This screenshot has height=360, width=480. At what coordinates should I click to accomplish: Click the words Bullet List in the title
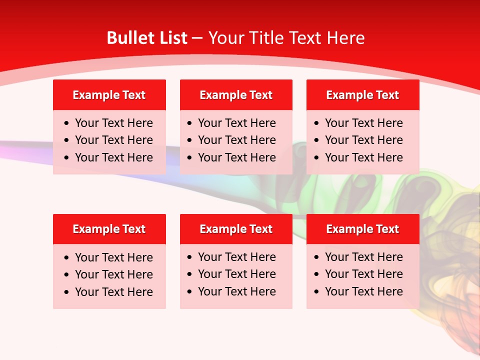click(x=147, y=38)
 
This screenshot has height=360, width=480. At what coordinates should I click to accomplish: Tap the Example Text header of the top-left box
click(x=109, y=95)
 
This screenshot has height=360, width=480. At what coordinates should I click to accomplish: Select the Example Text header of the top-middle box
click(x=236, y=95)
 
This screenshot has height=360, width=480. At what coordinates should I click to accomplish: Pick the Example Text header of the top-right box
click(x=362, y=95)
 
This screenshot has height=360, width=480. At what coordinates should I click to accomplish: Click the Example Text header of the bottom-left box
click(x=109, y=229)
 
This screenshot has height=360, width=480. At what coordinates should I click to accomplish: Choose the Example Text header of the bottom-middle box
click(x=236, y=229)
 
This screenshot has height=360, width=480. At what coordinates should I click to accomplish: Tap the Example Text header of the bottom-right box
click(x=362, y=229)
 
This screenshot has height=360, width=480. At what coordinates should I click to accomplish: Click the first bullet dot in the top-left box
click(x=67, y=123)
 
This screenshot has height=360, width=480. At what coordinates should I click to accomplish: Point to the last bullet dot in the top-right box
click(x=317, y=158)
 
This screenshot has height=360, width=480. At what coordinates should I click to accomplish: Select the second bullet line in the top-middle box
click(x=236, y=140)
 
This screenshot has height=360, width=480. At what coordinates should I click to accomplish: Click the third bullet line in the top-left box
click(x=113, y=157)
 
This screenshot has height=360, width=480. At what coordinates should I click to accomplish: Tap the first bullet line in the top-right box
click(x=363, y=123)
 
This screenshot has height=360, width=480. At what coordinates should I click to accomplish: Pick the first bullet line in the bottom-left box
click(x=113, y=257)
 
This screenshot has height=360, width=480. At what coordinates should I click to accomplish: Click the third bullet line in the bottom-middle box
click(x=236, y=291)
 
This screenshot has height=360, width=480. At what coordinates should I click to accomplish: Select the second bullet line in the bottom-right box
click(x=363, y=274)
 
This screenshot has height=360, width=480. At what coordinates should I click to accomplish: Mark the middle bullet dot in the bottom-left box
click(x=67, y=275)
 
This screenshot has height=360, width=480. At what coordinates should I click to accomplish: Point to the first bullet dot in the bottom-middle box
click(x=190, y=257)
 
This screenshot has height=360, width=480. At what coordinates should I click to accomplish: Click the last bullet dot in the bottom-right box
click(x=317, y=292)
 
